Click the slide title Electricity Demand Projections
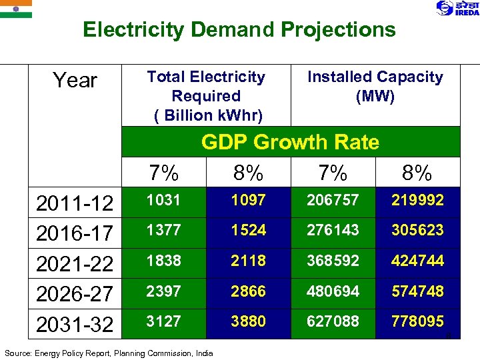point(239,30)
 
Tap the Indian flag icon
point(15,9)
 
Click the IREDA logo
point(457,8)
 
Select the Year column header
point(75,81)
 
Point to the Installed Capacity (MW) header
point(375,87)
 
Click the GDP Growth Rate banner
point(290,142)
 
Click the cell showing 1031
point(163,200)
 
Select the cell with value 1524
point(248,230)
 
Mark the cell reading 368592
point(333,260)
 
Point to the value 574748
point(417,291)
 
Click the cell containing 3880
point(248,321)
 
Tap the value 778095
point(417,321)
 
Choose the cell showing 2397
point(163,291)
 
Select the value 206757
point(333,200)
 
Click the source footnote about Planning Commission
point(109,353)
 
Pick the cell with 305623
point(417,230)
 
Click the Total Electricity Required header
point(206,96)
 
